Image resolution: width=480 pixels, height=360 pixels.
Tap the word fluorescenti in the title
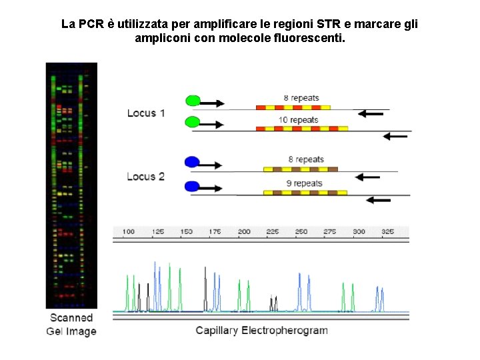coord(311,38)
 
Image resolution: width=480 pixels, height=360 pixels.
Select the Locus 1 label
coord(146,113)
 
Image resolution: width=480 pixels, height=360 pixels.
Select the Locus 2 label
coord(146,177)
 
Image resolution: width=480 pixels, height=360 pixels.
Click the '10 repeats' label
coord(299,120)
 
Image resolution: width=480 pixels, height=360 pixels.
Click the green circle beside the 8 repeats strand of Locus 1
coord(193,101)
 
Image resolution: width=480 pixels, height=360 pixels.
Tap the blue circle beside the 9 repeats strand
coord(192,186)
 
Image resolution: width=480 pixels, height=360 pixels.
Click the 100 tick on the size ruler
coord(129,232)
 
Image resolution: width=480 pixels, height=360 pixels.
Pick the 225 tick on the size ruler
coord(273,232)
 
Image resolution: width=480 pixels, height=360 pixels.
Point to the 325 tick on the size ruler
coord(387,232)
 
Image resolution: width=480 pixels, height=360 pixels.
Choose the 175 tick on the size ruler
coord(215,232)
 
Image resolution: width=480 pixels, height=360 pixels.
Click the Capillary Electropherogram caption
coord(261,331)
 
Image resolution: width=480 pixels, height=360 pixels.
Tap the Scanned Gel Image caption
coord(71,325)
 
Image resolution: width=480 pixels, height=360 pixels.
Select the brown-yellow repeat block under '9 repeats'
coord(305,193)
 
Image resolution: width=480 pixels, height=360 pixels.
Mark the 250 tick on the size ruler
coord(301,232)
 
